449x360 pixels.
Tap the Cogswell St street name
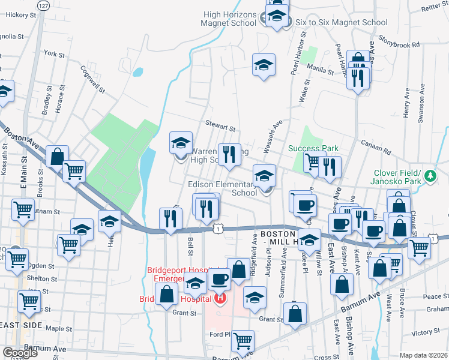pyautogui.click(x=93, y=79)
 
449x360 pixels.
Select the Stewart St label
pyautogui.click(x=220, y=127)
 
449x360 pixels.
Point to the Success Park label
pyautogui.click(x=313, y=148)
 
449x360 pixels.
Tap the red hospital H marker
pyautogui.click(x=220, y=298)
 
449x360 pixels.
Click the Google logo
pyautogui.click(x=20, y=353)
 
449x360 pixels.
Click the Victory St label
pyautogui.click(x=426, y=332)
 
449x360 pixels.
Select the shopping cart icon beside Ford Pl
pyautogui.click(x=243, y=341)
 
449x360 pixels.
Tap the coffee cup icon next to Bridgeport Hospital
pyautogui.click(x=220, y=278)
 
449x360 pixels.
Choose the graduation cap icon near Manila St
pyautogui.click(x=263, y=65)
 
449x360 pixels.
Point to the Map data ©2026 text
pyautogui.click(x=423, y=355)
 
